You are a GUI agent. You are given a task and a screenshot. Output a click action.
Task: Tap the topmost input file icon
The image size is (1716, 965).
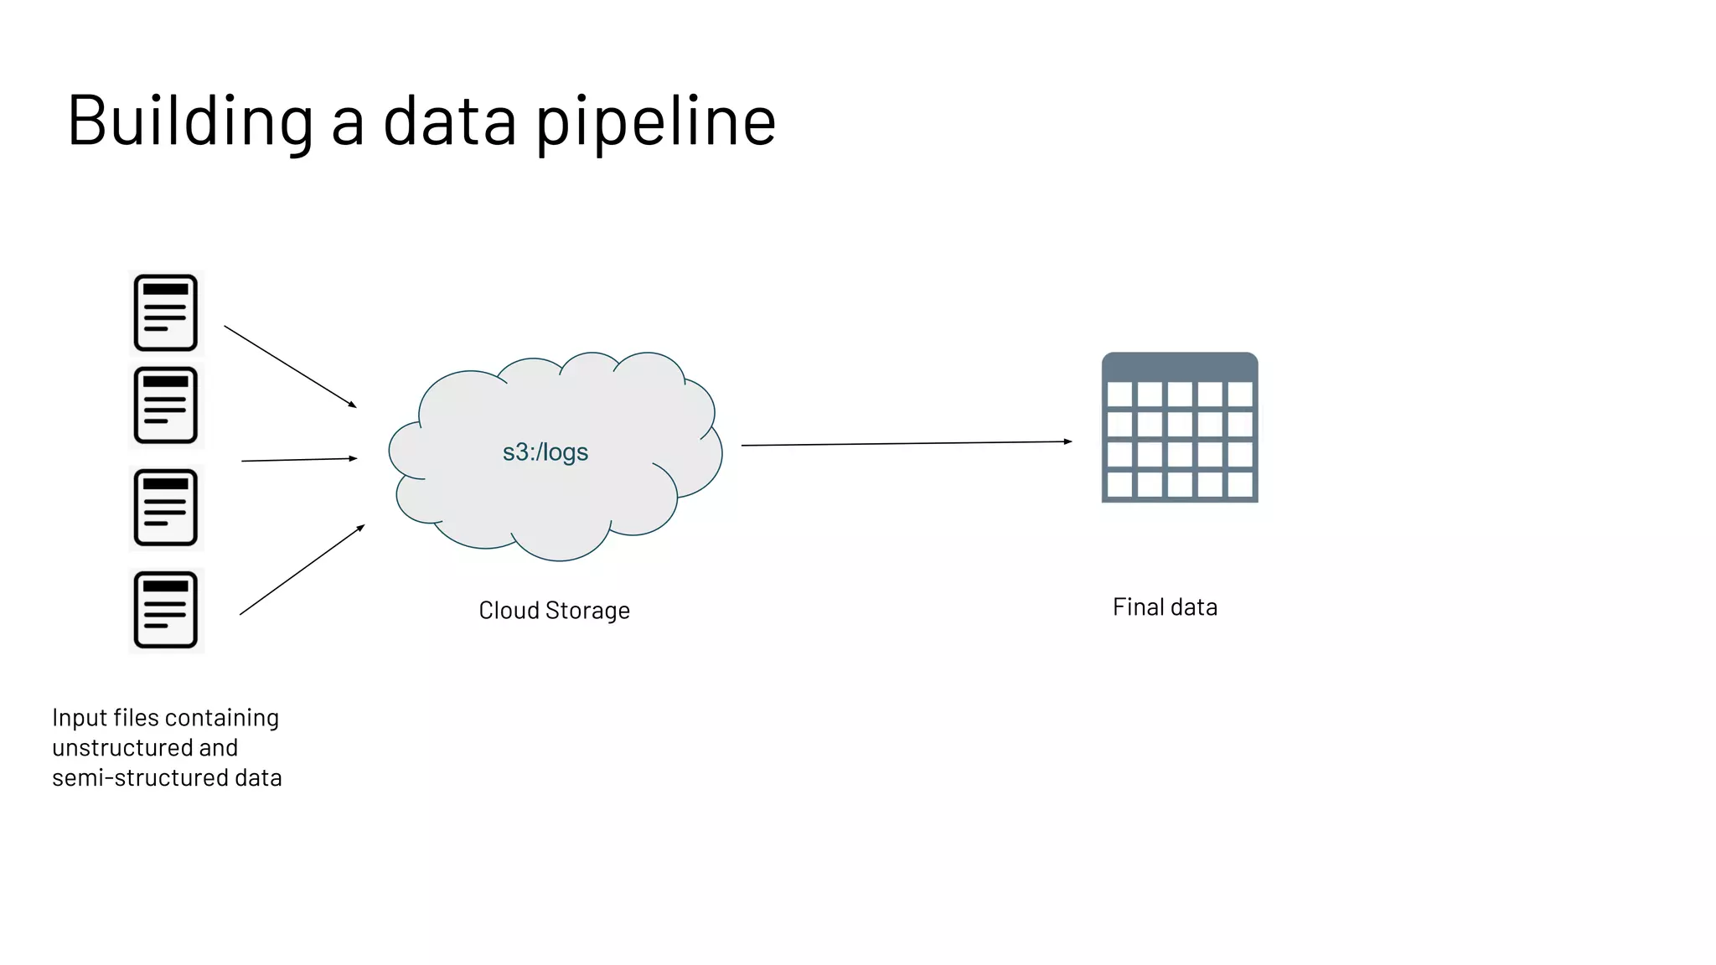tap(166, 313)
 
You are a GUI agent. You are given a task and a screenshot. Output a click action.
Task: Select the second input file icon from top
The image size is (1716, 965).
tap(166, 405)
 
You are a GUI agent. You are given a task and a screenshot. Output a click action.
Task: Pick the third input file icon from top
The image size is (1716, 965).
tap(166, 508)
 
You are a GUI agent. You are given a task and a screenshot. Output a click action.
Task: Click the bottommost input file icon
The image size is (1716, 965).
tap(166, 610)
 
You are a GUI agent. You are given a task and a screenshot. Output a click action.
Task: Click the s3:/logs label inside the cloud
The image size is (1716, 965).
tap(545, 452)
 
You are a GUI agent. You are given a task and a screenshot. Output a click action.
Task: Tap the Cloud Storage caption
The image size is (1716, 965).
tap(554, 611)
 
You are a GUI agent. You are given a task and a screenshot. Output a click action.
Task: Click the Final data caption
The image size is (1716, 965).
tap(1165, 607)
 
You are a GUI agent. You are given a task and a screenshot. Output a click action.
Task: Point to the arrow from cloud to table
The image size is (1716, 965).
tap(905, 443)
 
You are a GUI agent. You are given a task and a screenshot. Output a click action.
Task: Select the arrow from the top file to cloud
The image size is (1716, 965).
tap(290, 367)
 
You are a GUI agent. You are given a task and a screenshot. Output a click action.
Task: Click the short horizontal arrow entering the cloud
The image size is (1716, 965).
tap(299, 459)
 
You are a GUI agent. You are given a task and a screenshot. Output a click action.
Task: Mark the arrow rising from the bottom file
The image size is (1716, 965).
tap(302, 570)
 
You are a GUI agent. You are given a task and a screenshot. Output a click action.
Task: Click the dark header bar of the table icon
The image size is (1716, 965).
tap(1180, 367)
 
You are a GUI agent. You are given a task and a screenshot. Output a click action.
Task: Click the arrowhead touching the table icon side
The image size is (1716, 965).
tap(1067, 441)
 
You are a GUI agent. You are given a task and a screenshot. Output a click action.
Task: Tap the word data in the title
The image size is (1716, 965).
tap(449, 121)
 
